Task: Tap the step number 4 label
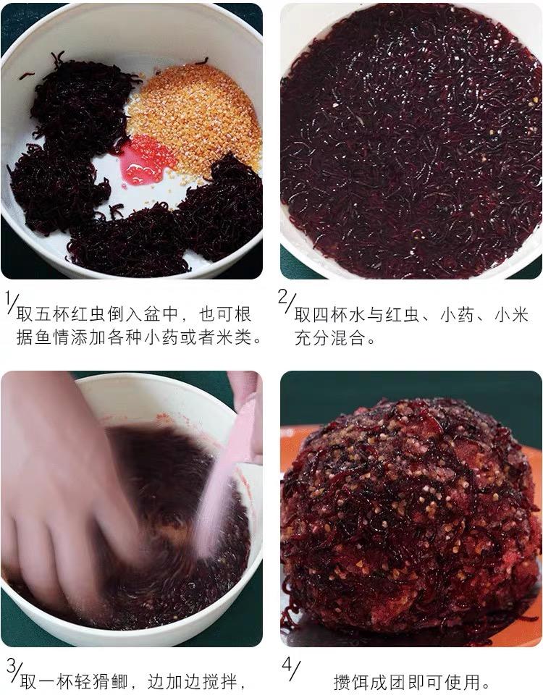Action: (x=290, y=669)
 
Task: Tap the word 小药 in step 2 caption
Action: (x=457, y=315)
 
